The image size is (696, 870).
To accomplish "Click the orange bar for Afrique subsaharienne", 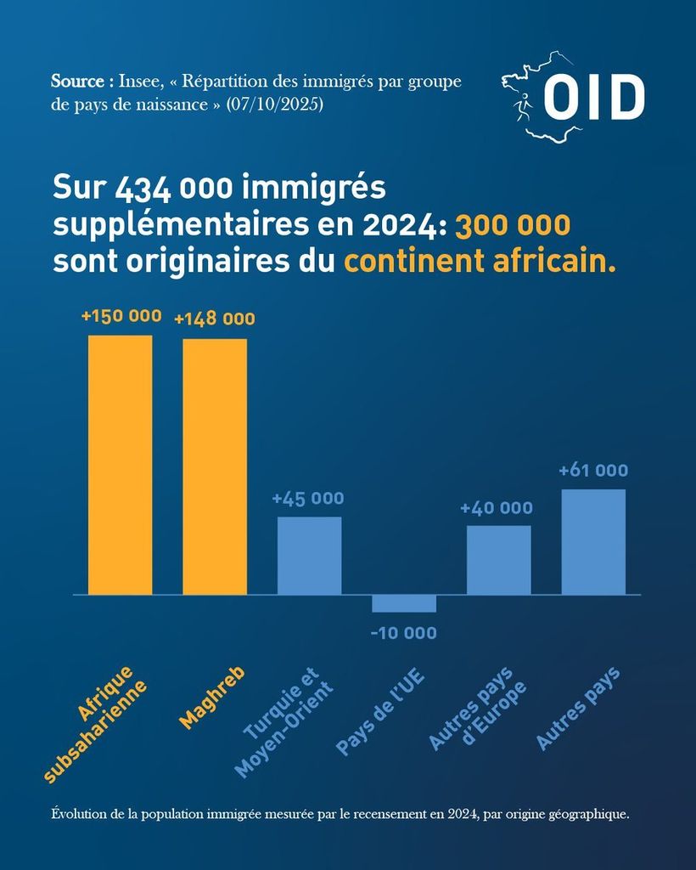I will pyautogui.click(x=121, y=465).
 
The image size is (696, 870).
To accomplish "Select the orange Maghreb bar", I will pyautogui.click(x=215, y=466).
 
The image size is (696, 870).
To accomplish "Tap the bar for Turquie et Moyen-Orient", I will pyautogui.click(x=310, y=556).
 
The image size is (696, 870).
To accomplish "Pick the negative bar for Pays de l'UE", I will pyautogui.click(x=404, y=603).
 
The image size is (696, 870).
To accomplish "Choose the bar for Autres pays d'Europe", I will pyautogui.click(x=498, y=560).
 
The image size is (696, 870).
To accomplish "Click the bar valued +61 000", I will pyautogui.click(x=593, y=541).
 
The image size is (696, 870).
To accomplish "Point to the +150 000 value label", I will pyautogui.click(x=121, y=316).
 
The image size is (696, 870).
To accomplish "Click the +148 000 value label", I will pyautogui.click(x=215, y=319).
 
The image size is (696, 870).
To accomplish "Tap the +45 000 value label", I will pyautogui.click(x=308, y=499).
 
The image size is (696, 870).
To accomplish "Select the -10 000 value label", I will pyautogui.click(x=404, y=633).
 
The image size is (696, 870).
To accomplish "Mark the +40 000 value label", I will pyautogui.click(x=497, y=508).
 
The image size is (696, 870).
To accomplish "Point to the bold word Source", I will pyautogui.click(x=77, y=82).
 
